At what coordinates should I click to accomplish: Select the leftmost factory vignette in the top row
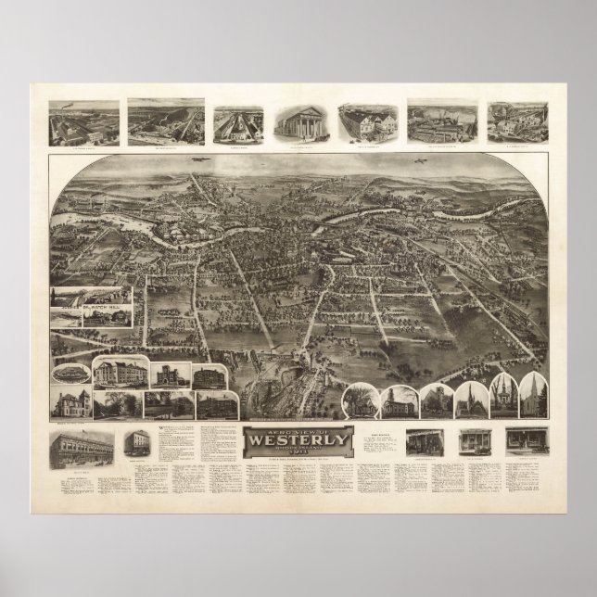tap(83, 121)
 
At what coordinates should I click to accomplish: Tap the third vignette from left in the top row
tap(236, 123)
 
